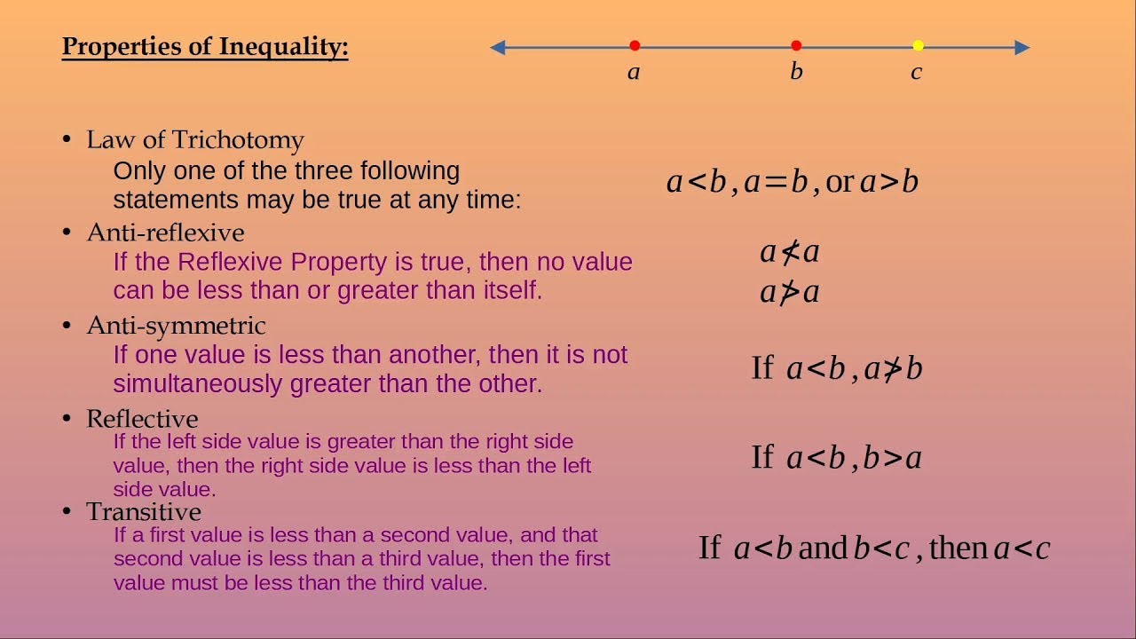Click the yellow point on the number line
918,46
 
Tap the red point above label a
635,46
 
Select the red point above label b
796,46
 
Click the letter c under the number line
916,73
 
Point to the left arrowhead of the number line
498,47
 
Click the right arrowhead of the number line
1022,47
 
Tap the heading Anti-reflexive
165,233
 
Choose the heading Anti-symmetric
176,326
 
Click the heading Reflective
142,419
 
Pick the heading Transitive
144,512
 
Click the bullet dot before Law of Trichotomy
67,139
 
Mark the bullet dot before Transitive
67,511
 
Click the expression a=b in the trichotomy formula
776,182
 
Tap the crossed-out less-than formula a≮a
790,253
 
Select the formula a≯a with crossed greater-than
790,292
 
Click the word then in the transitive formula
958,548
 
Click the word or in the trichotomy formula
839,183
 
